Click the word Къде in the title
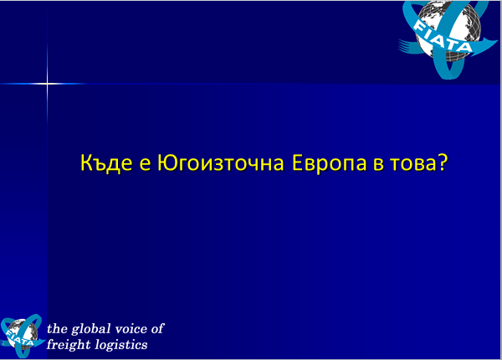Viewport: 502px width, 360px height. click(106, 163)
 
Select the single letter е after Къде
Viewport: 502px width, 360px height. click(145, 164)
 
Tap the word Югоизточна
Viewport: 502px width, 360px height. click(221, 163)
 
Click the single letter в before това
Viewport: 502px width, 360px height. click(378, 164)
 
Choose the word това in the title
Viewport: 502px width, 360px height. click(413, 164)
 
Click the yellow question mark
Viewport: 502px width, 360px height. click(442, 162)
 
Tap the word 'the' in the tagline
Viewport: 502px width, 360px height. click(57, 329)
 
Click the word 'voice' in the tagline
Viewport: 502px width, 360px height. click(131, 329)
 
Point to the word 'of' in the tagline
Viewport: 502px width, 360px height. click(158, 329)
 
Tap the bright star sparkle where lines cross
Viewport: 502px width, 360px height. click(47, 84)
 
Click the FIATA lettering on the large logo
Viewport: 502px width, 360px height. click(443, 36)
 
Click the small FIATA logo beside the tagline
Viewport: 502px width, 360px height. click(22, 336)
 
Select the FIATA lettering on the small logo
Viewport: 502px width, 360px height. click(20, 339)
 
